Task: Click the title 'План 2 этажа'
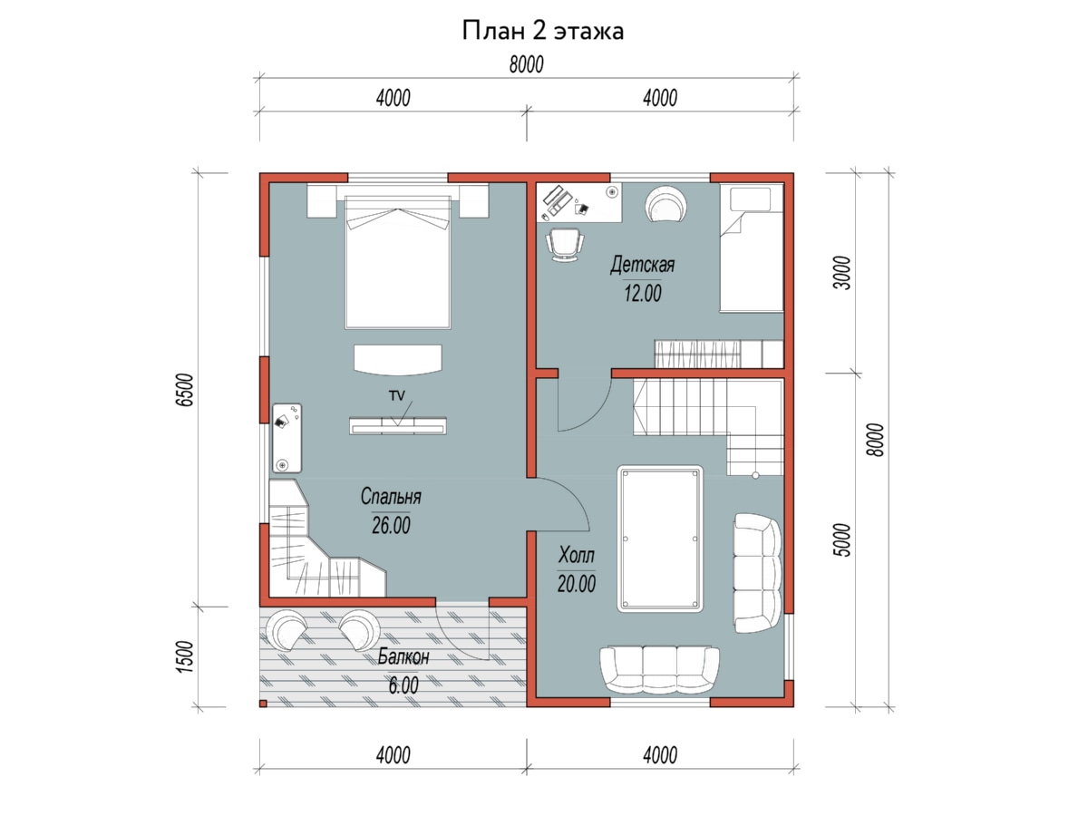point(543,31)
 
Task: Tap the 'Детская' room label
point(642,265)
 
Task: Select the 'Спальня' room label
point(391,497)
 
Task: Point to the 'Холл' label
point(576,555)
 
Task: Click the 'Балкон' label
point(403,656)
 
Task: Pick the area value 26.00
point(391,525)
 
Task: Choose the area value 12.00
point(643,293)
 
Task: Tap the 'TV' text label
point(396,395)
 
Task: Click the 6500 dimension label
point(185,390)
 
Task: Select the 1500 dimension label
point(184,657)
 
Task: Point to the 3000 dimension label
point(841,273)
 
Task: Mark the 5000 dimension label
point(841,540)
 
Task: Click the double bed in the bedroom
point(397,262)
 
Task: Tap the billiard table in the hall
point(660,538)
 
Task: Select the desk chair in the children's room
point(565,244)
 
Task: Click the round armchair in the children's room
point(665,203)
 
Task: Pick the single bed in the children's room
point(752,248)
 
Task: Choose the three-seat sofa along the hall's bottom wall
point(659,670)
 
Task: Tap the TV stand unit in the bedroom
point(397,426)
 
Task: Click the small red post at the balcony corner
point(263,704)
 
